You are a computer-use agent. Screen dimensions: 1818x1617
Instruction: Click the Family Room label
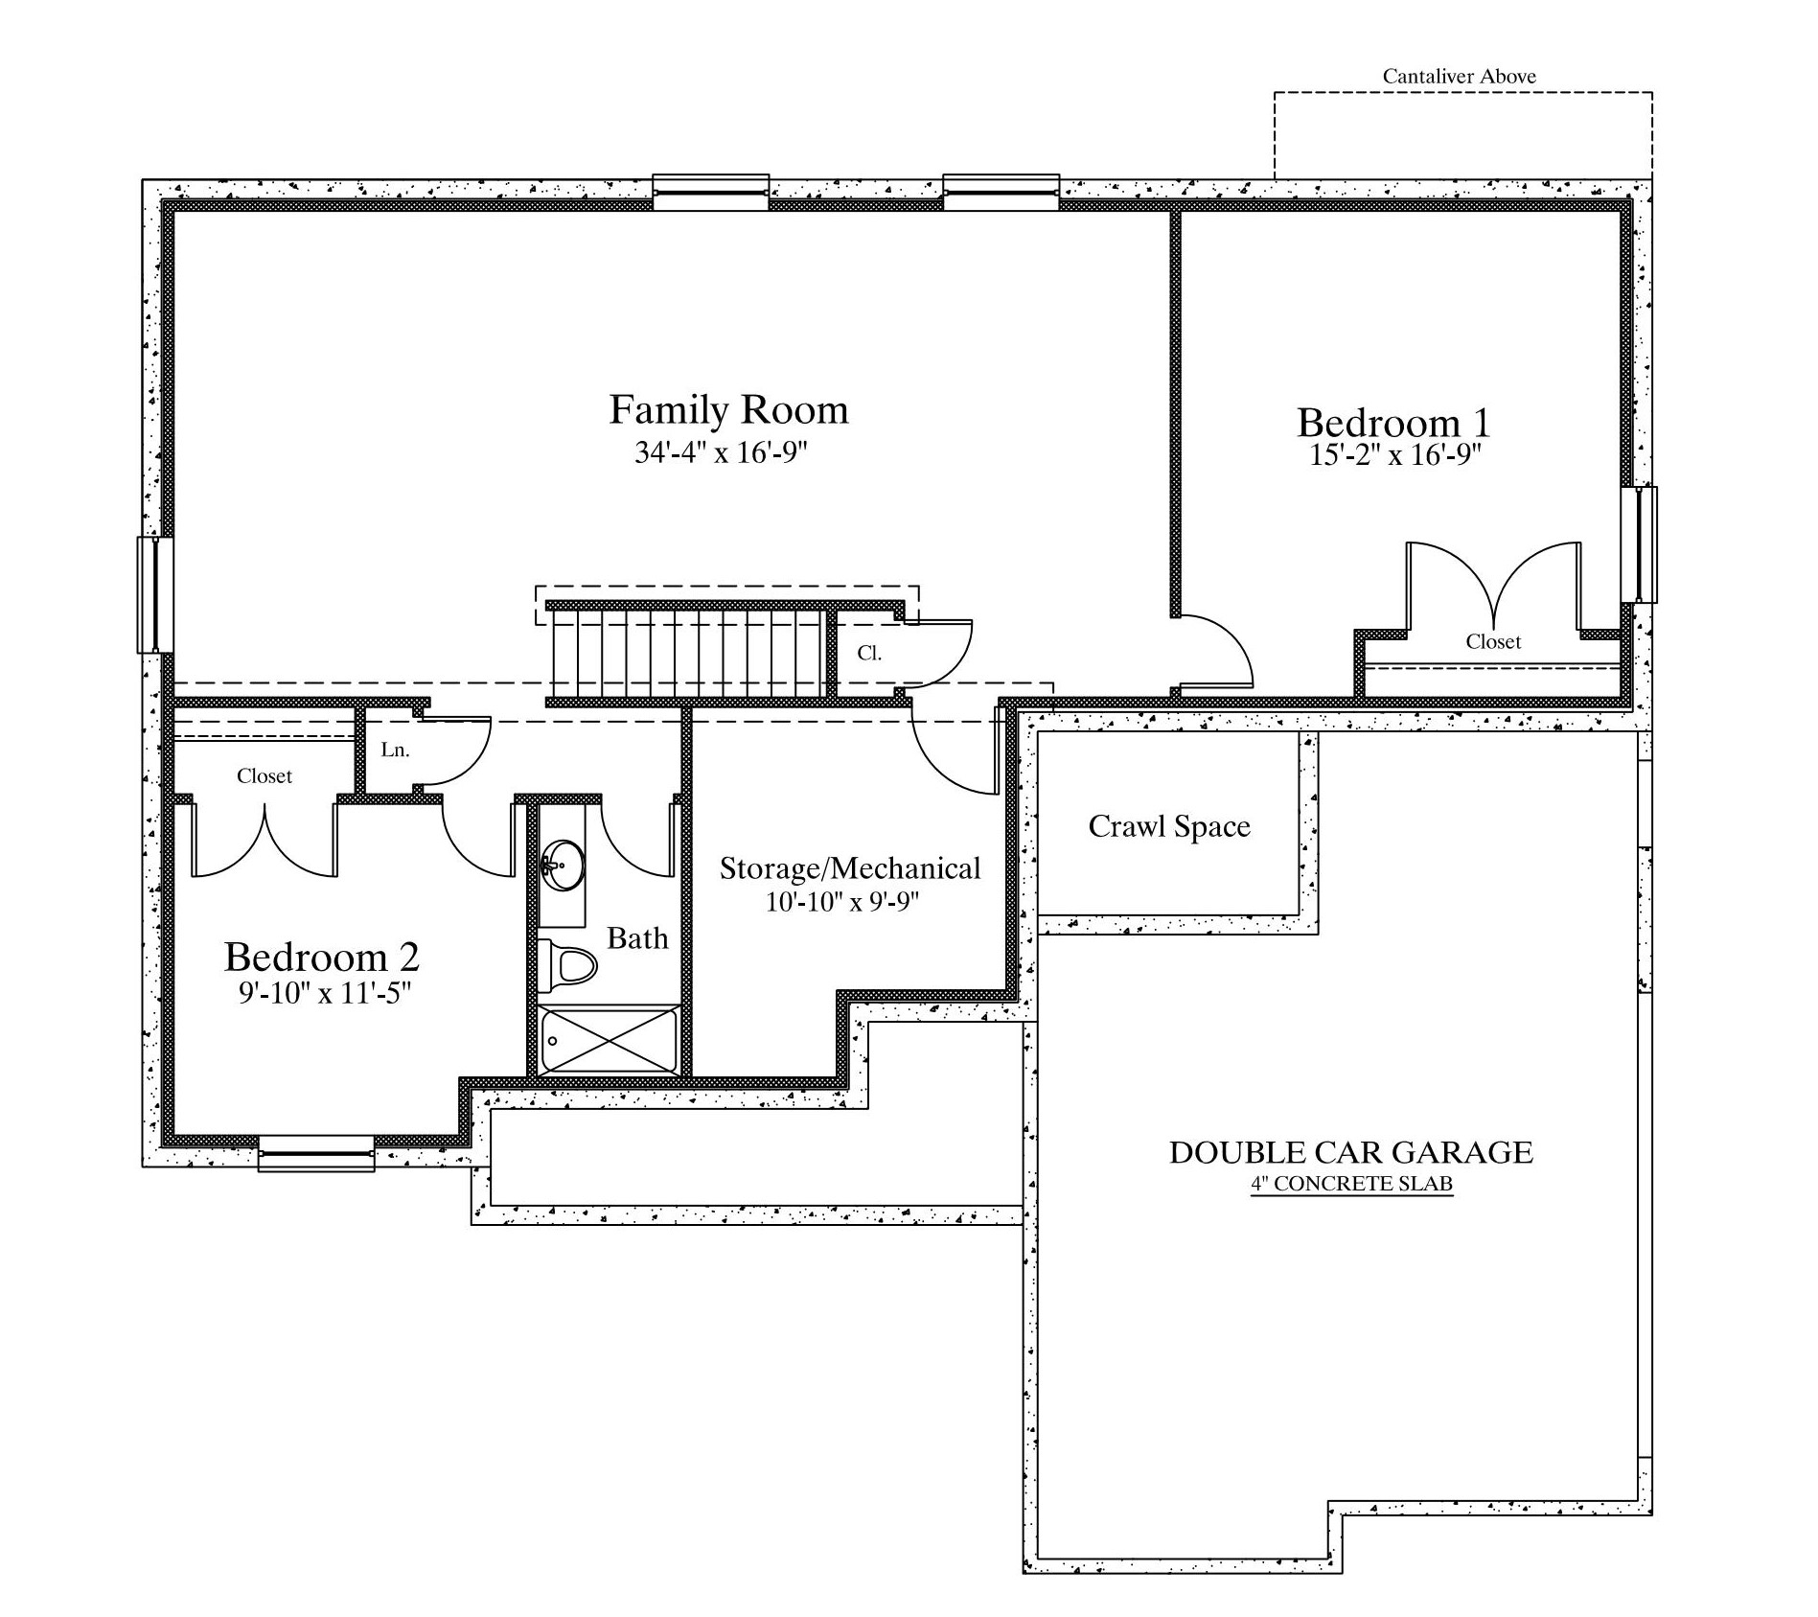[728, 410]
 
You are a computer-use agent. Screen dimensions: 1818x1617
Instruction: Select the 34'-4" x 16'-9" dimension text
[722, 452]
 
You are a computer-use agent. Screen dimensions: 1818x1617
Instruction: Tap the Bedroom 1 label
[1393, 423]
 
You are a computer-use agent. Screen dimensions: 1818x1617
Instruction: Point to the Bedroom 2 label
[322, 957]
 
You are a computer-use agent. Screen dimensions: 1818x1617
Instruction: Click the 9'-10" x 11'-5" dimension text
[324, 993]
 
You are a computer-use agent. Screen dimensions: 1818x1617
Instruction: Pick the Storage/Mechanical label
[850, 868]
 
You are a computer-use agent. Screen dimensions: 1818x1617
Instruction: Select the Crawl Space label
[1169, 826]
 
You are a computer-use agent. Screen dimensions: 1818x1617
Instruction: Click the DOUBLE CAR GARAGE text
[1350, 1152]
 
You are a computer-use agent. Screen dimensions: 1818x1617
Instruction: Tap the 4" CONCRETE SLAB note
[1351, 1184]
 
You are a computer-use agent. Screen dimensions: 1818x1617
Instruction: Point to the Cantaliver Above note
[1459, 77]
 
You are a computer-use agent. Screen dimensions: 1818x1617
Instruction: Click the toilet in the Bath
[566, 966]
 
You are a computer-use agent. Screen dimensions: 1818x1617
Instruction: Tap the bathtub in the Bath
[610, 1040]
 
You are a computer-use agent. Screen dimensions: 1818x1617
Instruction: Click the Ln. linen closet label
[395, 751]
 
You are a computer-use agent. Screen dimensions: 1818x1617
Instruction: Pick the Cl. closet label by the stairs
[869, 654]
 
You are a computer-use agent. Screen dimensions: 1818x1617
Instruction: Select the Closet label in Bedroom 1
[1493, 641]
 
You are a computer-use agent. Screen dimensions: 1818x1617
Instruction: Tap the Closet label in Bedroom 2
[265, 775]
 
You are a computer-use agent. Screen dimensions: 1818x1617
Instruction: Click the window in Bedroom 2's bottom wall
[316, 1153]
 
